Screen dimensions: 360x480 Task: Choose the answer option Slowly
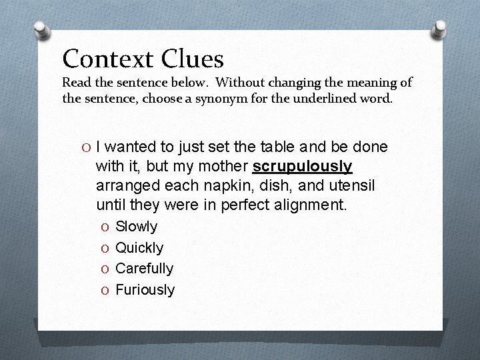136,227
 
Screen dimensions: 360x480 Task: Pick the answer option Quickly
139,248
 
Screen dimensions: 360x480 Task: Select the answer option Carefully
144,269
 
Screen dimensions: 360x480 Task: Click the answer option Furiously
145,290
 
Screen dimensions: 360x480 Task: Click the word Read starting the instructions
77,83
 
